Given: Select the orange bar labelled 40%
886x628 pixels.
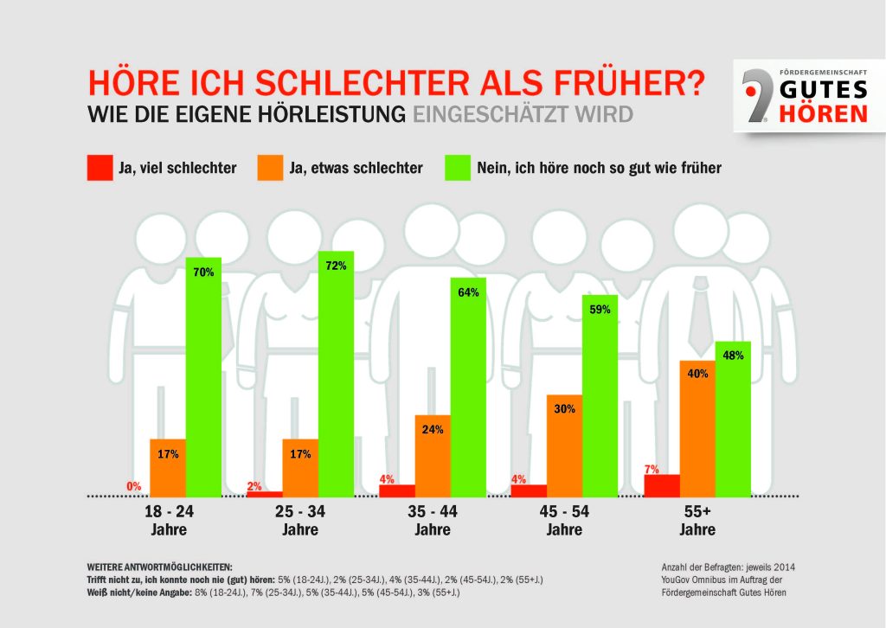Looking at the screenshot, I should (697, 428).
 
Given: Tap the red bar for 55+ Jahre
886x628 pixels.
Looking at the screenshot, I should (662, 485).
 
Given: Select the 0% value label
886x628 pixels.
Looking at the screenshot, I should (134, 487).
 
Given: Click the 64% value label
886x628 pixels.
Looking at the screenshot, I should (468, 292).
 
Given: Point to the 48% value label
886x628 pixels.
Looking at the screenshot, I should (732, 356).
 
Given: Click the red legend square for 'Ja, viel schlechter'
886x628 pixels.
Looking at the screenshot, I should (100, 168).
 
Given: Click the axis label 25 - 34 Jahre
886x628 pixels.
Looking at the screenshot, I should (300, 521).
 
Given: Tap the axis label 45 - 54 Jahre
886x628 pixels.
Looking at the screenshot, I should (564, 521).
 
